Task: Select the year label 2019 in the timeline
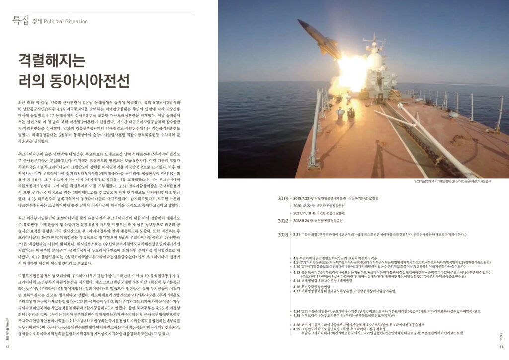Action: [x=283, y=198]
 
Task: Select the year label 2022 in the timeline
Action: [x=283, y=220]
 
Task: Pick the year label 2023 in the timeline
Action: [x=283, y=234]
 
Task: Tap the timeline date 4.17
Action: [x=297, y=291]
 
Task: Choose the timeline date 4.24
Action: [x=297, y=311]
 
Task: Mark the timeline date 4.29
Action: [x=297, y=329]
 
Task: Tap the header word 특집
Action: [x=20, y=21]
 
